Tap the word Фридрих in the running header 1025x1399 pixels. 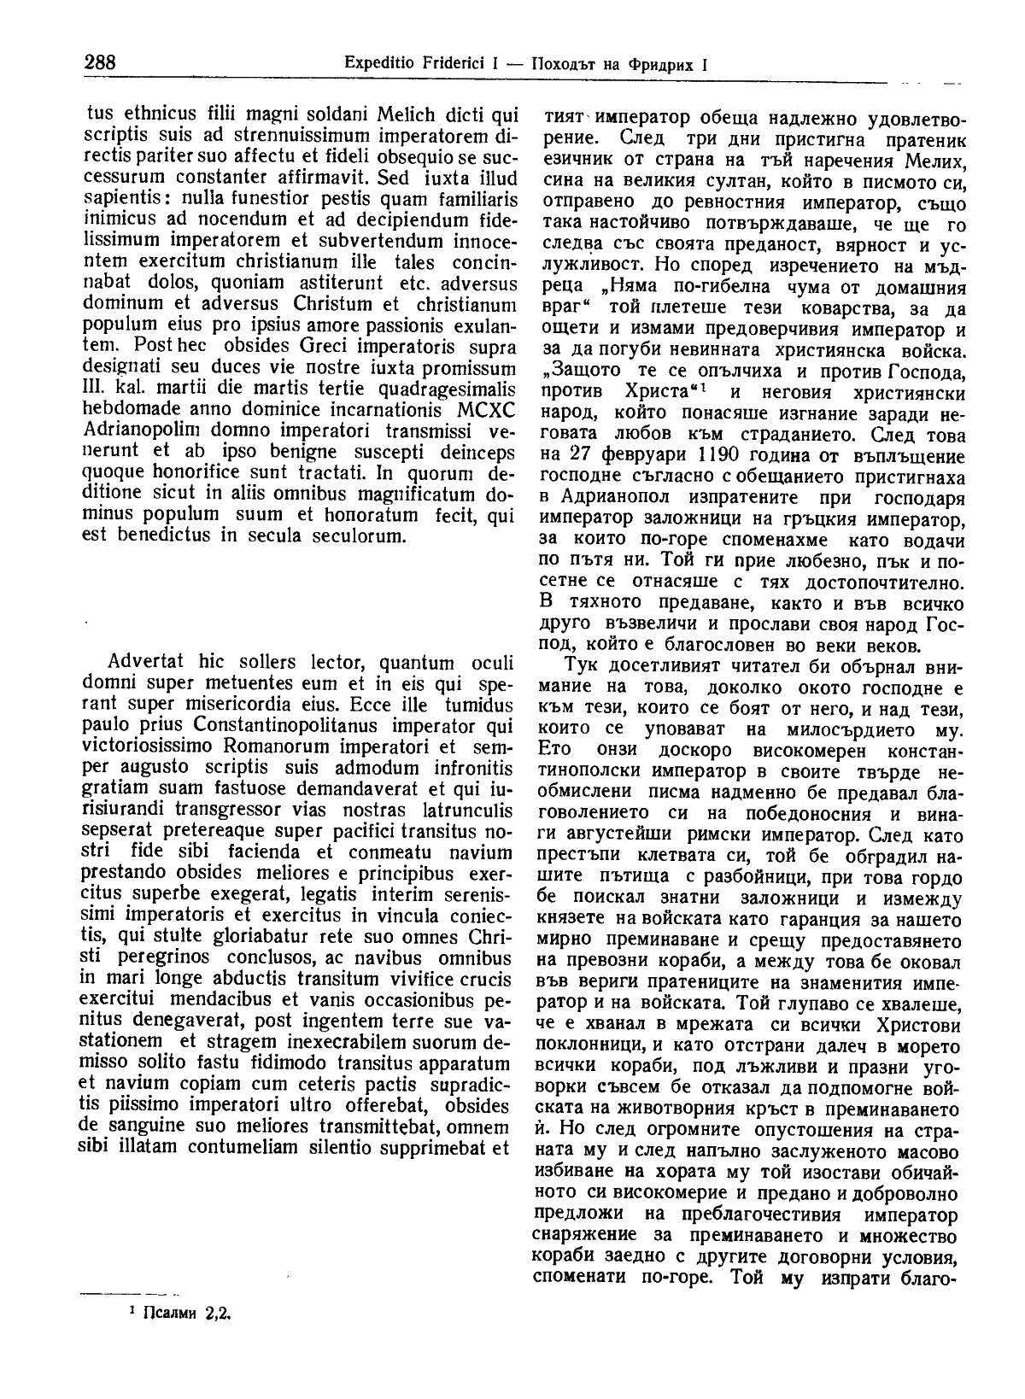tap(658, 63)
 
